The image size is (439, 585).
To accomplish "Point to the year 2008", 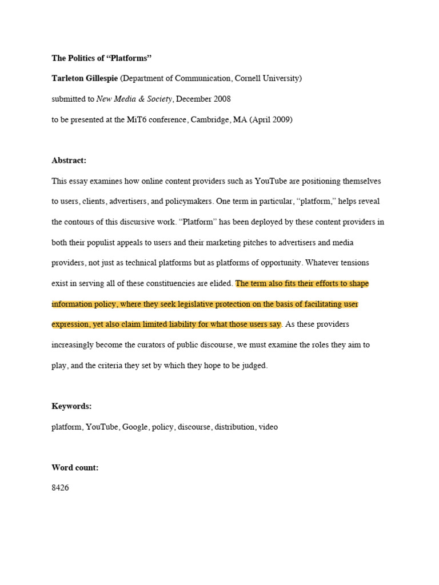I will point(220,99).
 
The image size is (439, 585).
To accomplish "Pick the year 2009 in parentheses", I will point(277,120).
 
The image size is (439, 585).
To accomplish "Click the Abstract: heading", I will point(69,161).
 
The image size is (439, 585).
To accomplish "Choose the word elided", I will point(221,283).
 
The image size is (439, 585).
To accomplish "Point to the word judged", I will point(256,366).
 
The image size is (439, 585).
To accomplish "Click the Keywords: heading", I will point(71,406).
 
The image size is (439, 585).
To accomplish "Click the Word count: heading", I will point(75,467).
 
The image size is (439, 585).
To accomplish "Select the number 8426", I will point(60,488).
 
